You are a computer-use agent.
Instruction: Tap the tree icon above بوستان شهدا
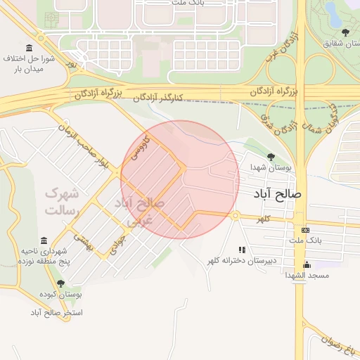271,157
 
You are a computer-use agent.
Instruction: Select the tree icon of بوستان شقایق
345,32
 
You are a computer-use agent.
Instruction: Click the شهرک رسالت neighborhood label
63,201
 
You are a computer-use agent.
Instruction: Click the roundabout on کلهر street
236,216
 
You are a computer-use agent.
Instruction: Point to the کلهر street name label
263,220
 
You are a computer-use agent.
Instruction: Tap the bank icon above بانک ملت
305,230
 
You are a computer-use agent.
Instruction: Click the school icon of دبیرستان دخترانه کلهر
242,250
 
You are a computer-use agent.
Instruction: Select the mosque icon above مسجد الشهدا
306,265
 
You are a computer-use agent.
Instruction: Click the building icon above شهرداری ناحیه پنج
44,240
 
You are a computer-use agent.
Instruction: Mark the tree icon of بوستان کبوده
61,284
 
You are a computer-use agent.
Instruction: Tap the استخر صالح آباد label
56,311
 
